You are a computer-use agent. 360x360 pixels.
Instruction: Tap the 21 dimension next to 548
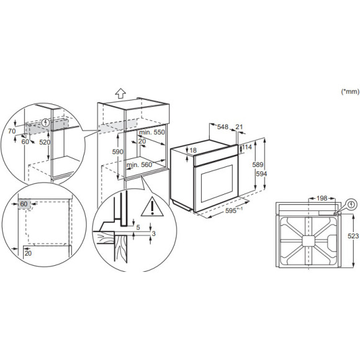240,127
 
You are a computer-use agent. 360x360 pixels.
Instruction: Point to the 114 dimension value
248,147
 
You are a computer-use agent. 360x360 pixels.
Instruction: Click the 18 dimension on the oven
193,151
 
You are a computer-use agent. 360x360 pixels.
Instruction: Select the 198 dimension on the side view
321,198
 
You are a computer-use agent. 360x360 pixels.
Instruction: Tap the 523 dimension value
352,236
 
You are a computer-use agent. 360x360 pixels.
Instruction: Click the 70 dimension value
11,132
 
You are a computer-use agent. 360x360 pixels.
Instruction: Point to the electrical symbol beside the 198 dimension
351,204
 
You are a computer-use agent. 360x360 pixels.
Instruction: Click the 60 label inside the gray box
24,204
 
